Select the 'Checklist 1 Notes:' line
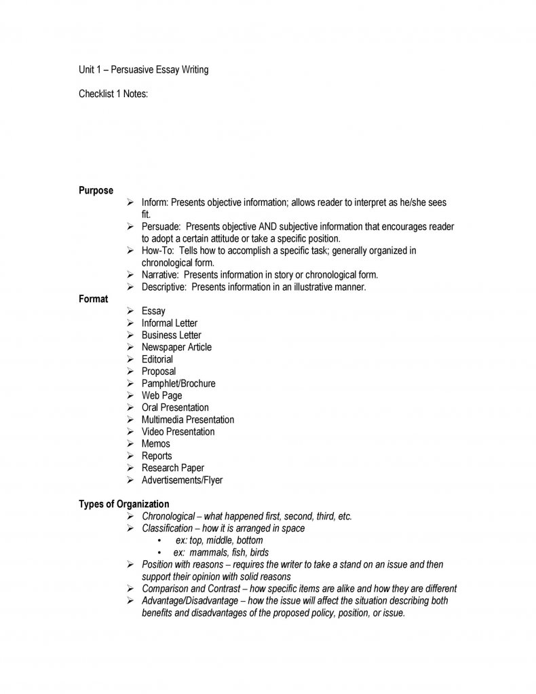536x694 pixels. pos(113,94)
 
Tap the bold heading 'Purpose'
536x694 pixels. pos(96,190)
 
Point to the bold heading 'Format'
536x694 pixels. pos(93,299)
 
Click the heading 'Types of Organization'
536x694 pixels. pos(123,504)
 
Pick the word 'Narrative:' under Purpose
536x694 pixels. pos(160,275)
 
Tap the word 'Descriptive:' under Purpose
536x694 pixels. pos(164,287)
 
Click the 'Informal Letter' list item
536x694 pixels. pos(170,323)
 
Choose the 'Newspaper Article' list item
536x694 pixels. pos(176,347)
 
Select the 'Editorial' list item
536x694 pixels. pos(157,359)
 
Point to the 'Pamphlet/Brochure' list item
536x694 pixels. pos(178,384)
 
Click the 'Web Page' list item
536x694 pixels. pos(161,395)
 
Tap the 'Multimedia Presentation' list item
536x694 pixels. pos(188,420)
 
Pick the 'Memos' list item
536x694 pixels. pos(156,443)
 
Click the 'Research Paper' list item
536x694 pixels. pos(173,468)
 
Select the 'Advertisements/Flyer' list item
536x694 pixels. pos(182,480)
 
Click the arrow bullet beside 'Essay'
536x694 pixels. pos(130,311)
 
